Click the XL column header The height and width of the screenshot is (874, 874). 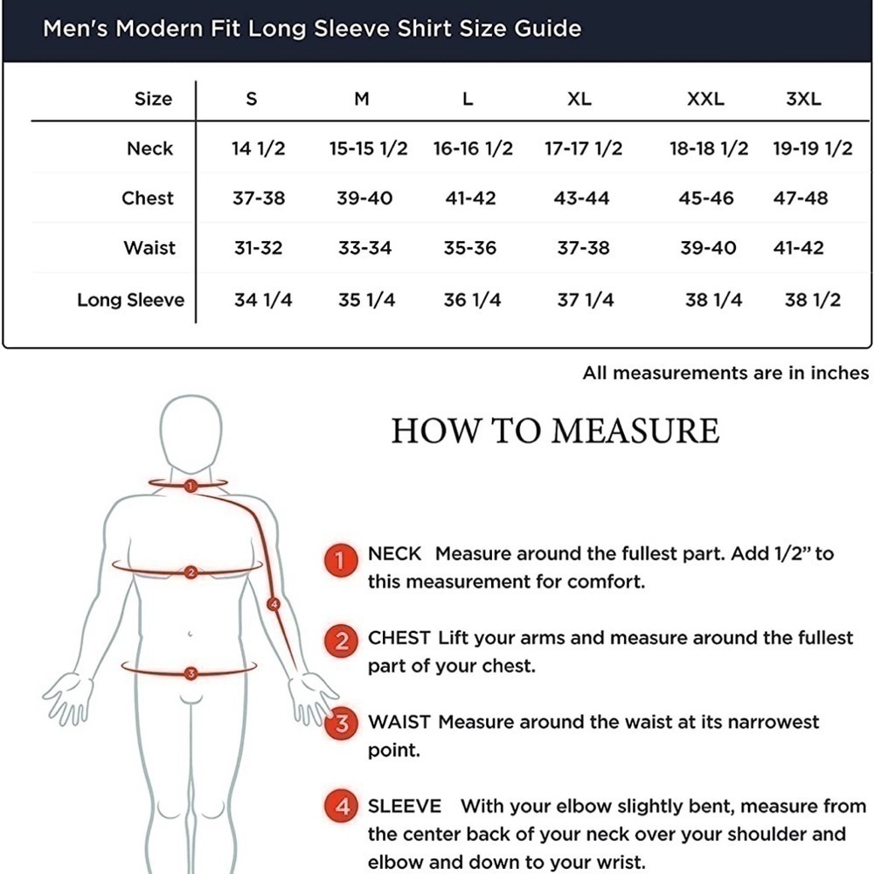coord(579,99)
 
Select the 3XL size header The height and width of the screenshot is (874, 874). coord(803,99)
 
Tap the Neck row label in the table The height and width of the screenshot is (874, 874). coord(150,149)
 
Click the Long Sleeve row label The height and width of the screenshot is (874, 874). coord(130,300)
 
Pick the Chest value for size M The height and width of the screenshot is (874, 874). coord(364,198)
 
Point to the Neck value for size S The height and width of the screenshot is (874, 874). coord(258,149)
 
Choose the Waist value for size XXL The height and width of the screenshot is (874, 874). coord(708,247)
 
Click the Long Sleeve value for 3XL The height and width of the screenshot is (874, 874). coord(812,300)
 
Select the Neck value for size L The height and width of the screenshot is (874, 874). coord(473,149)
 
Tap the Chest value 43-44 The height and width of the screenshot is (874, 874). coord(581,198)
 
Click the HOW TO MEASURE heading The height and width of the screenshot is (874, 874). coord(555,431)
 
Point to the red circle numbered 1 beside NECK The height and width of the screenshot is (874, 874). coord(341,560)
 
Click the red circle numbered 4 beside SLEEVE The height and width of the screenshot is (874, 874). coord(343,807)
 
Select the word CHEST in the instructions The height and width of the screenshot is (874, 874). coord(399,638)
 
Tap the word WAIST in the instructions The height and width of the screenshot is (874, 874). coord(399,722)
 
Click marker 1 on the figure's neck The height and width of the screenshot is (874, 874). coord(191,486)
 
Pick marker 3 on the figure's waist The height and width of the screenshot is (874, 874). coord(191,673)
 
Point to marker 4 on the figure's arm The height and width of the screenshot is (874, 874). coord(274,604)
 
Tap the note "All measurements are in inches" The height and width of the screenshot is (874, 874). coord(725,372)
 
